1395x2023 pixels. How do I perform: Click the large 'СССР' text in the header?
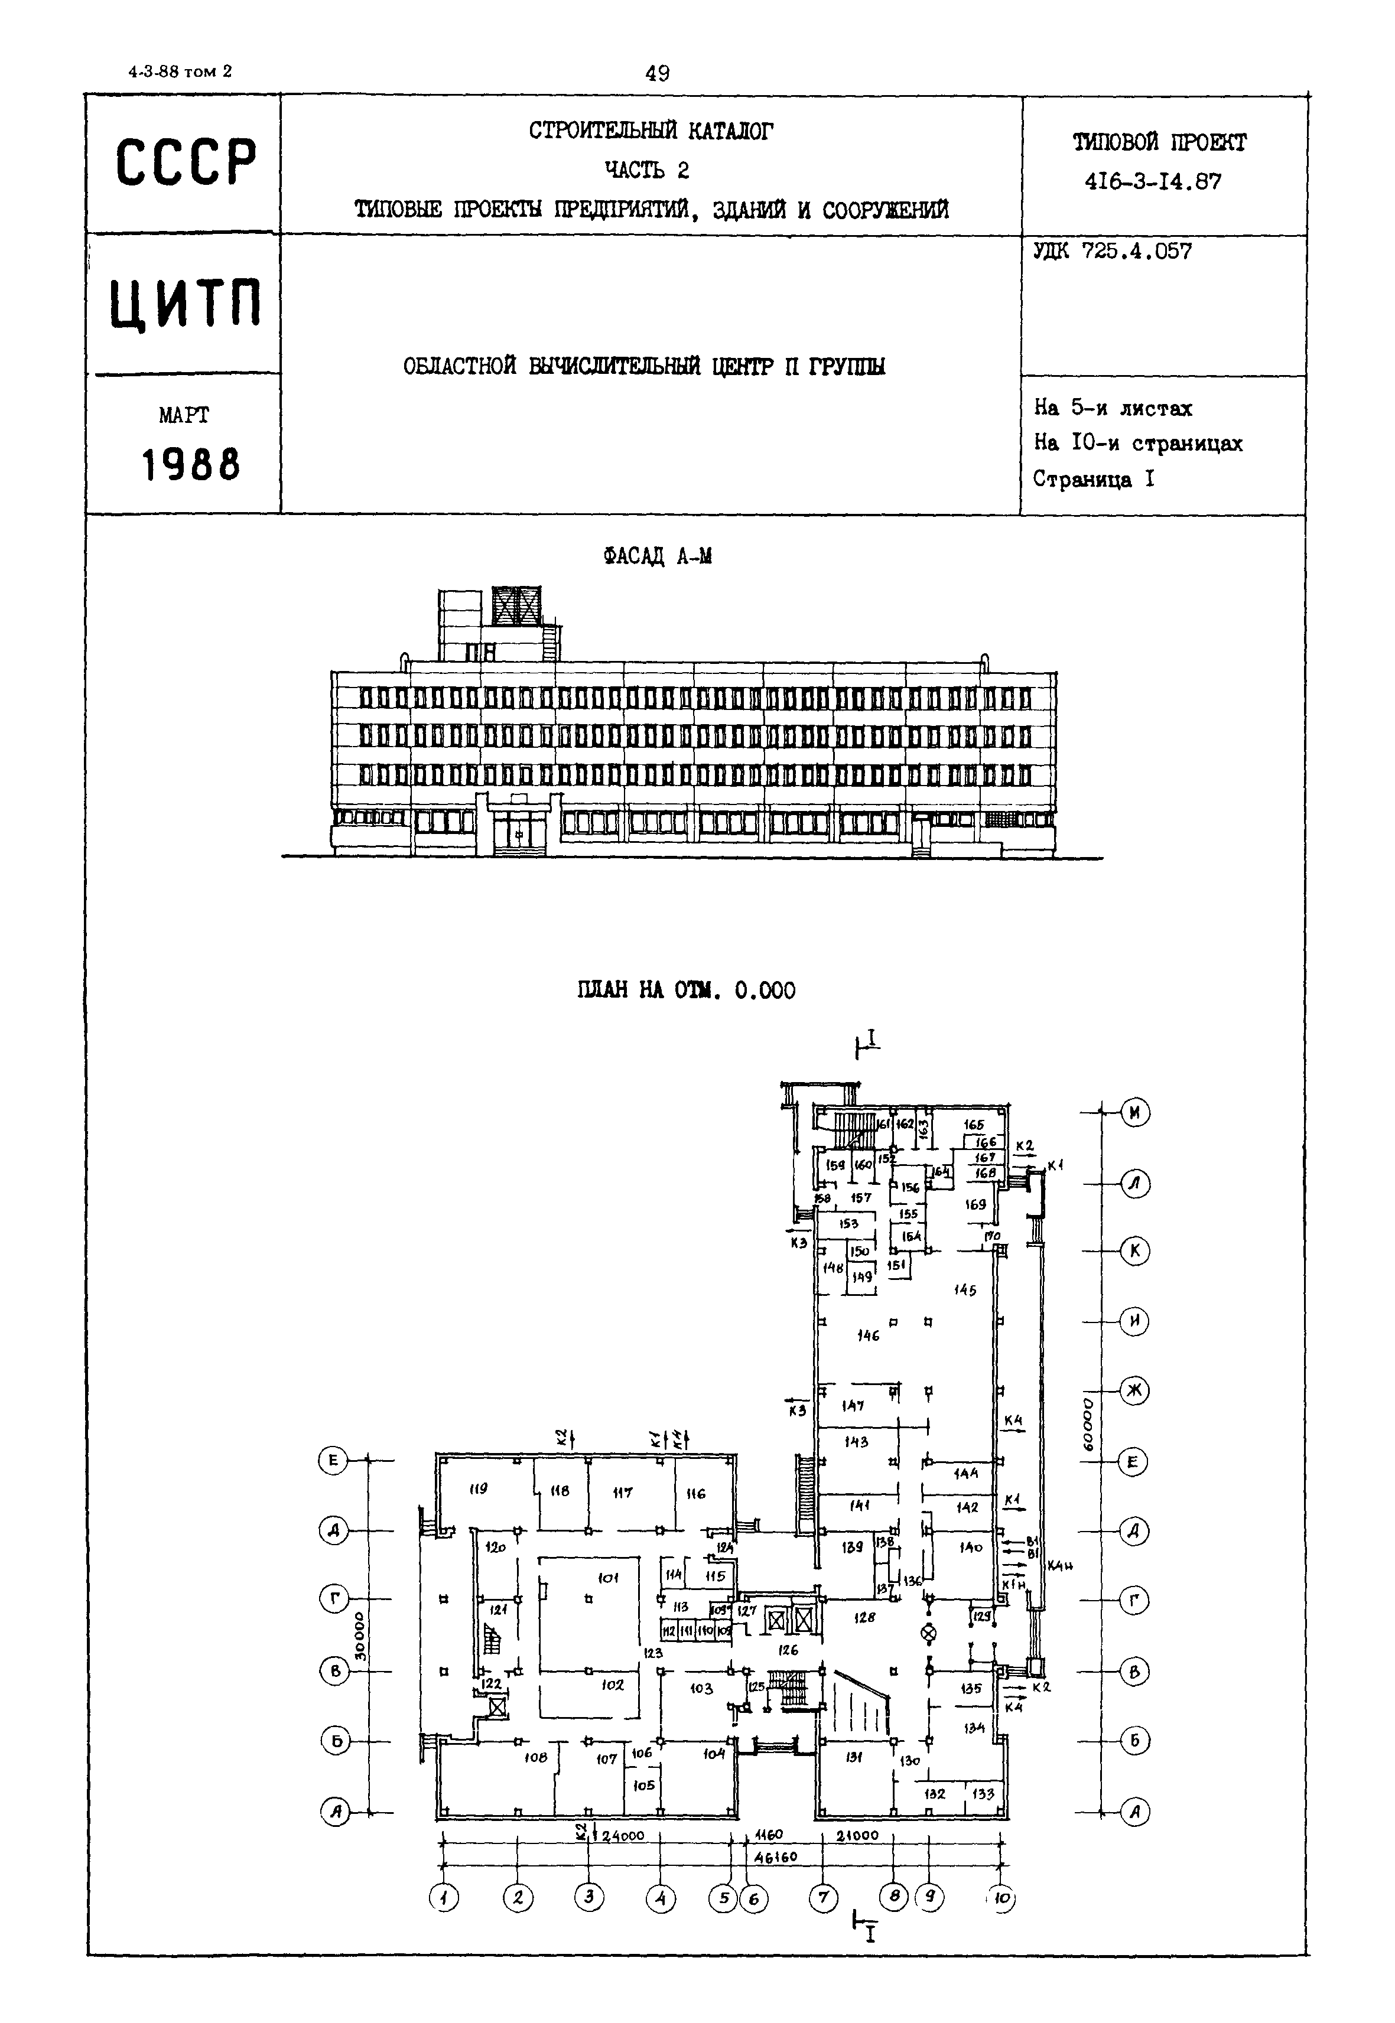tap(186, 162)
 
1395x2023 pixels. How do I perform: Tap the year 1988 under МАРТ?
tap(190, 465)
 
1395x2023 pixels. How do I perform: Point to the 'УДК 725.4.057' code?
tap(1112, 252)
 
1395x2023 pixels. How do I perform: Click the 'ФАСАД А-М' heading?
tap(657, 556)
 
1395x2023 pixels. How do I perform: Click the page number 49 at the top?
tap(657, 73)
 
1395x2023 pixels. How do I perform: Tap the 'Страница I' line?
tap(1094, 479)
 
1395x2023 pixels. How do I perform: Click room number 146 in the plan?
tap(868, 1335)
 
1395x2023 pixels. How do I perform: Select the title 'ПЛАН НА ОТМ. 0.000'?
tap(686, 990)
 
